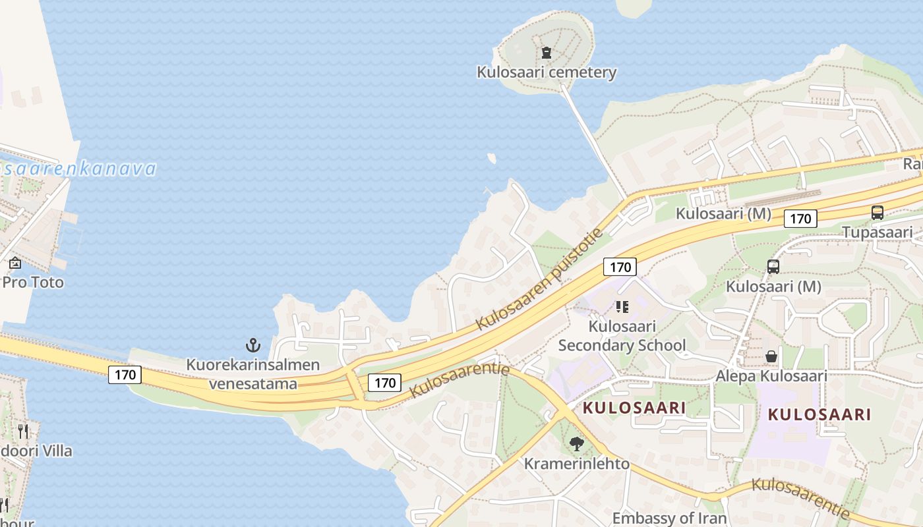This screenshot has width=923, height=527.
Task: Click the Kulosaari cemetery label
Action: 547,72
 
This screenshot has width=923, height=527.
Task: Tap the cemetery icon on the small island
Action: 546,52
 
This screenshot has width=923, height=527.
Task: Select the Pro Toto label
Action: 33,283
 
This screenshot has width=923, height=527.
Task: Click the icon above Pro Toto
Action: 15,263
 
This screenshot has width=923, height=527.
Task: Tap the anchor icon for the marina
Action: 253,345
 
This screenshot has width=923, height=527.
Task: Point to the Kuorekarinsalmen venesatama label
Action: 253,374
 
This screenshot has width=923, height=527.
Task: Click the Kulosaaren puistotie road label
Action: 540,280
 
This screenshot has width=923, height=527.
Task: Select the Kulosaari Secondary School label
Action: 622,336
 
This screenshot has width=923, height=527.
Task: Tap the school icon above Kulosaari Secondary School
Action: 622,306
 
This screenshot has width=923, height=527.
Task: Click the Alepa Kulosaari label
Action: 771,376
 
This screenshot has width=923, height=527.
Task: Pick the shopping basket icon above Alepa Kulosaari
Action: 771,356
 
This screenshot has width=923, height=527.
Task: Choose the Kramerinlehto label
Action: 576,464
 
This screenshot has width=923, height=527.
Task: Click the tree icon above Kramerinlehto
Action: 577,444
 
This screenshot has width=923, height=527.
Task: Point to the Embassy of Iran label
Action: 669,518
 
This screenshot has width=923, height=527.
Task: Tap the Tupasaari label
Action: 877,232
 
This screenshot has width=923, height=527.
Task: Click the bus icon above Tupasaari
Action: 877,213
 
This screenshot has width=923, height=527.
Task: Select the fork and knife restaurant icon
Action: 23,431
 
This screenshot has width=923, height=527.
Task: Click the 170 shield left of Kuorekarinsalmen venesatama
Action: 125,375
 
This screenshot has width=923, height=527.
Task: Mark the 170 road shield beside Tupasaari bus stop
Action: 800,219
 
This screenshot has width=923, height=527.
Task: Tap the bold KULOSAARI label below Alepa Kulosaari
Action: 819,415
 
